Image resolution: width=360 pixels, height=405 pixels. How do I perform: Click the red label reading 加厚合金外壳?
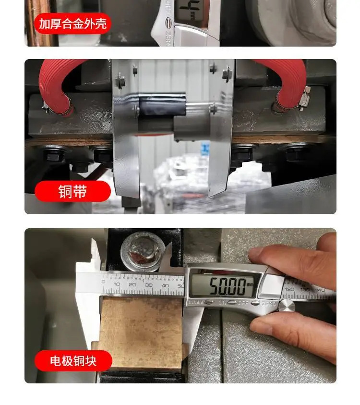72,24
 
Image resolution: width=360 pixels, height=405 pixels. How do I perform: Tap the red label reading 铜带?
72,191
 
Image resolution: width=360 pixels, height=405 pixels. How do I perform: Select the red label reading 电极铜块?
73,361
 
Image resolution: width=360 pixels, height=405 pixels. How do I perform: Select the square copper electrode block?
141,331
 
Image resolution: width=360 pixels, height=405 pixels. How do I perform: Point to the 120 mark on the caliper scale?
289,290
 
